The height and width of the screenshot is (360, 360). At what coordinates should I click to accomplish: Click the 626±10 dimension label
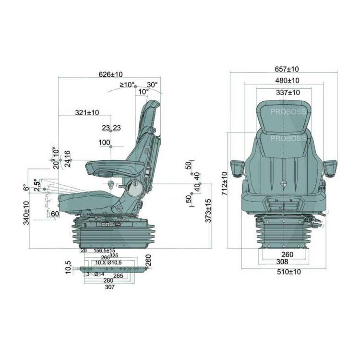(110, 74)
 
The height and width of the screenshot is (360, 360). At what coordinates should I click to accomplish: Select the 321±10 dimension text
(87, 113)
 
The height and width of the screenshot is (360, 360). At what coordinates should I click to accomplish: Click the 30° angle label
(152, 85)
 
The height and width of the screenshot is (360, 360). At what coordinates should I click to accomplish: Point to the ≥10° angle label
(127, 85)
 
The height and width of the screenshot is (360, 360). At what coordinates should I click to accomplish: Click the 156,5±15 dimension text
(104, 251)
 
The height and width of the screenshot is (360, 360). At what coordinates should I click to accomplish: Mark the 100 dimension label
(104, 143)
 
